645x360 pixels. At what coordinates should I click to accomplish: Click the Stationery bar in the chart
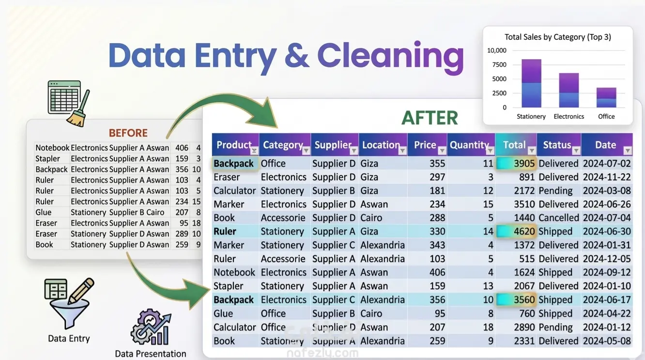coord(531,83)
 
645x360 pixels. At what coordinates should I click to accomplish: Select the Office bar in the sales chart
coord(606,97)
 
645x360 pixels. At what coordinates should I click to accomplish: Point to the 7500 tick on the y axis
coord(499,64)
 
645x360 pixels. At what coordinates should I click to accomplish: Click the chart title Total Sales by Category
coord(557,37)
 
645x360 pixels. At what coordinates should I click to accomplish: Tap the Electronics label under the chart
coord(568,116)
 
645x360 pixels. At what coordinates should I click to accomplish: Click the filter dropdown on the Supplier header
coord(353,151)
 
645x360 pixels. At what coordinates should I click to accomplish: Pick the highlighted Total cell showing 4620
coord(516,232)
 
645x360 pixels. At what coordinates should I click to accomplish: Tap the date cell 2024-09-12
coord(607,272)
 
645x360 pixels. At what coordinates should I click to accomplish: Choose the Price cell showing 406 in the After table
coord(437,272)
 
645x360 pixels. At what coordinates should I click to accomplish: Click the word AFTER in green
coord(430,118)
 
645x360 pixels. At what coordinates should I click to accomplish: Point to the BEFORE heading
coord(128,133)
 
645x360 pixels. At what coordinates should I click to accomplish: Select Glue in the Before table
coord(44,212)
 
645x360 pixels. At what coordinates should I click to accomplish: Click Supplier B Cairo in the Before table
coord(137,212)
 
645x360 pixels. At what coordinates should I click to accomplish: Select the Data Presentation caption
coord(150,354)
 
